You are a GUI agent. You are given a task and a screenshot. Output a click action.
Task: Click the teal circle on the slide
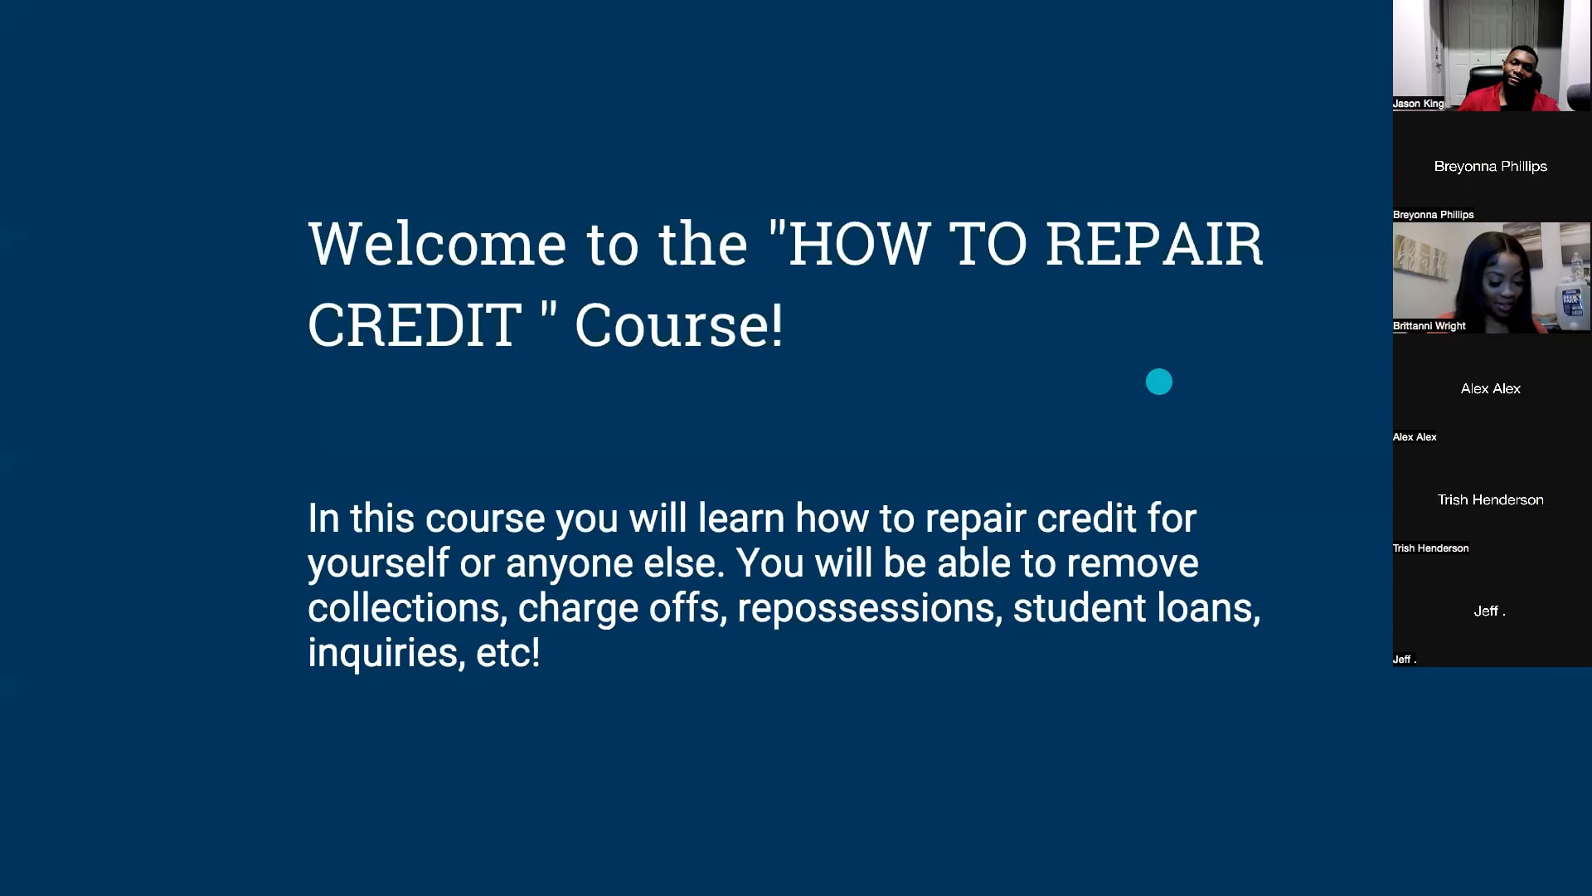[1158, 382]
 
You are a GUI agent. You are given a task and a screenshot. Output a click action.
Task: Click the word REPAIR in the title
[1153, 245]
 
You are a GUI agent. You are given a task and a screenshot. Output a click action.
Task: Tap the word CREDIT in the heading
[415, 325]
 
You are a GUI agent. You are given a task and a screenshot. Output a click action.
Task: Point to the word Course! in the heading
[678, 325]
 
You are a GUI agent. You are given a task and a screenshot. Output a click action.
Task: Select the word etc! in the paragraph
[508, 653]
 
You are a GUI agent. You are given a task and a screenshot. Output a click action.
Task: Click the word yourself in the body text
[378, 563]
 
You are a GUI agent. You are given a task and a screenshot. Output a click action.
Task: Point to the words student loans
[1136, 608]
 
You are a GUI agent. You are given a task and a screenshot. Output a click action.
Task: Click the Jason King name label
[1418, 104]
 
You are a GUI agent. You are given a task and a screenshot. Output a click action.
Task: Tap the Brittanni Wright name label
[1429, 326]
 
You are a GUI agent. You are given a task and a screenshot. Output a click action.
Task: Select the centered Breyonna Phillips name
[1490, 166]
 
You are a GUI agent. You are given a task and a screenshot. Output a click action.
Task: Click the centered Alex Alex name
[1490, 388]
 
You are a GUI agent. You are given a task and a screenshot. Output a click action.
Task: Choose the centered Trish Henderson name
[1490, 499]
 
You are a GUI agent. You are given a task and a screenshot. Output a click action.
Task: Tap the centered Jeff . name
[1489, 611]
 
